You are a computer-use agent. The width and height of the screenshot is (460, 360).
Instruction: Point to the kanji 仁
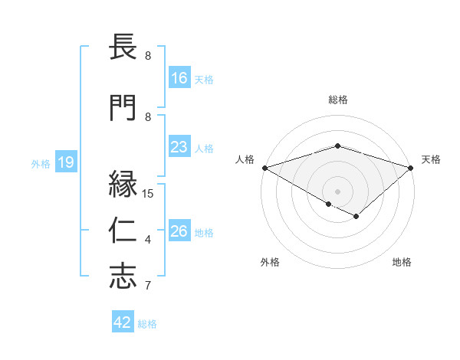(x=123, y=231)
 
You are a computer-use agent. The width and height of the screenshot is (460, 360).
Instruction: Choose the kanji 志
(x=123, y=277)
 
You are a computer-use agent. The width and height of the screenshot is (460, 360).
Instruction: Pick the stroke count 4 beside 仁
(x=148, y=240)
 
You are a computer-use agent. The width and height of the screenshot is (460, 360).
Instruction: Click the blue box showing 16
(x=179, y=78)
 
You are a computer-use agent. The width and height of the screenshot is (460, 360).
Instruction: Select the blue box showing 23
(x=179, y=147)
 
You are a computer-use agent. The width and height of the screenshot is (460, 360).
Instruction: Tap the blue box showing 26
(x=179, y=231)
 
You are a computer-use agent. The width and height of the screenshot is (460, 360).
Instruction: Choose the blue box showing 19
(x=65, y=162)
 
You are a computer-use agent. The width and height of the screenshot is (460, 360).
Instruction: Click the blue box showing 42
(x=123, y=322)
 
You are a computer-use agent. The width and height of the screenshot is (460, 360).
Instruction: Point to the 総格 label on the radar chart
(x=337, y=100)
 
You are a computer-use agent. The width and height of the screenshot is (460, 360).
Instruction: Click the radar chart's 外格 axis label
(x=270, y=262)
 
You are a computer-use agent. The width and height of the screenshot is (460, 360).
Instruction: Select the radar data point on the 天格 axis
(x=411, y=167)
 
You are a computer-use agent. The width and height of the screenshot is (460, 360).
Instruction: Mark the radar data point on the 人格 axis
(x=264, y=167)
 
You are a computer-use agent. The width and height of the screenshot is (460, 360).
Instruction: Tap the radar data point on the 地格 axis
(x=356, y=217)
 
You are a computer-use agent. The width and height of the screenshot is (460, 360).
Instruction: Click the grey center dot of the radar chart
(x=337, y=191)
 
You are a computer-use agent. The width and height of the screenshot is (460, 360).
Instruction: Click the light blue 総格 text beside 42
(x=147, y=324)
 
